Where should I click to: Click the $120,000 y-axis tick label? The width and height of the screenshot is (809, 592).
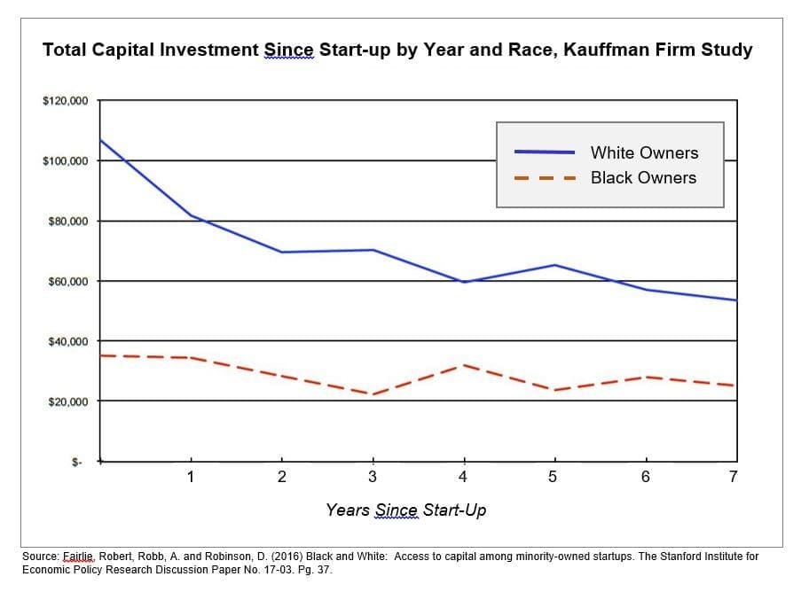pyautogui.click(x=65, y=101)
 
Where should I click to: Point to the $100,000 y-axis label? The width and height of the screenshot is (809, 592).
pyautogui.click(x=65, y=161)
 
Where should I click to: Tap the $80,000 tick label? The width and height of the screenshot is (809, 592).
pyautogui.click(x=67, y=222)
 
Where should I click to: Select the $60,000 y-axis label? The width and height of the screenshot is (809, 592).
pyautogui.click(x=67, y=282)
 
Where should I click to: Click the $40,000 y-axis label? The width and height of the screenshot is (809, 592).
pyautogui.click(x=67, y=342)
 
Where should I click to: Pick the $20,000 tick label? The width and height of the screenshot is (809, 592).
pyautogui.click(x=67, y=402)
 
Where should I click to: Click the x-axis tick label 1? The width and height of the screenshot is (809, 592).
pyautogui.click(x=191, y=477)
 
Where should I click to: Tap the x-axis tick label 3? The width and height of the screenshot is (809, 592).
pyautogui.click(x=373, y=477)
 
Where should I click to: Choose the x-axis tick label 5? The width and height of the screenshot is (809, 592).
pyautogui.click(x=553, y=477)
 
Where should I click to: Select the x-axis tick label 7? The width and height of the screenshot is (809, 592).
pyautogui.click(x=733, y=477)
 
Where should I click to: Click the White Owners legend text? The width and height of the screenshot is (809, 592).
pyautogui.click(x=644, y=153)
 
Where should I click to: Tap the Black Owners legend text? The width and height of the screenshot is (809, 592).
pyautogui.click(x=643, y=178)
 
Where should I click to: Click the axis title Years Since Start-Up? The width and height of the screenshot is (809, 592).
pyautogui.click(x=405, y=510)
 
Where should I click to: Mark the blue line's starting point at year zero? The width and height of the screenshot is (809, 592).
pyautogui.click(x=100, y=140)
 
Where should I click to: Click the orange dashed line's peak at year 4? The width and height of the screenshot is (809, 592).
pyautogui.click(x=463, y=364)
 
